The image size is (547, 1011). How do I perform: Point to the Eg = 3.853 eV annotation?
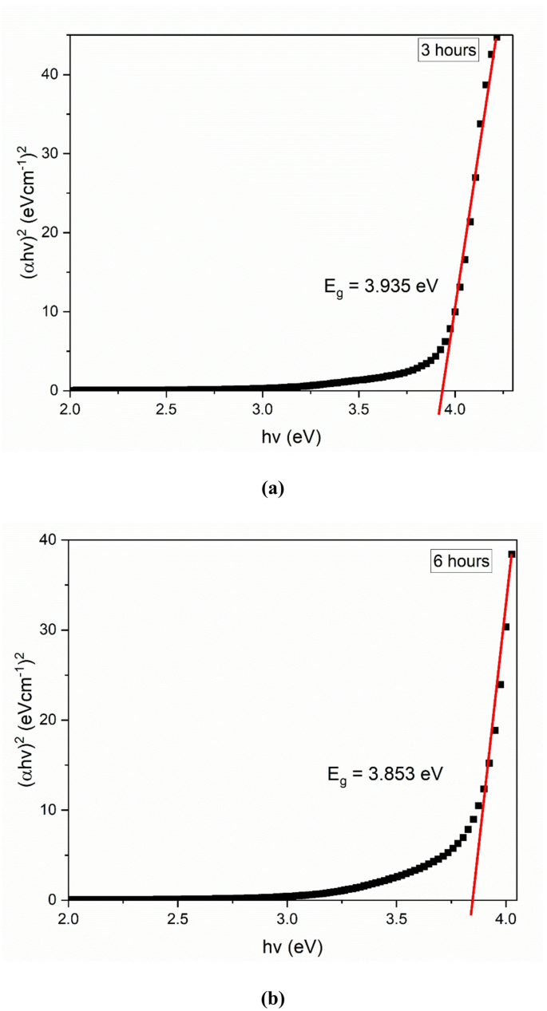pyautogui.click(x=385, y=772)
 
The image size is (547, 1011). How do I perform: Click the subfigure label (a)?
pyautogui.click(x=272, y=488)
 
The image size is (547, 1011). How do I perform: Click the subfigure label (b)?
pyautogui.click(x=272, y=997)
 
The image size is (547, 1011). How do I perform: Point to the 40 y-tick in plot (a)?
pyautogui.click(x=54, y=74)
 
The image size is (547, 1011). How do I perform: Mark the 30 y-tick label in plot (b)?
pyautogui.click(x=54, y=630)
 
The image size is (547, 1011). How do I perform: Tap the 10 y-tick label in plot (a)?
pyautogui.click(x=54, y=311)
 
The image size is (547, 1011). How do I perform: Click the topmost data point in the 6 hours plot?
pyautogui.click(x=512, y=554)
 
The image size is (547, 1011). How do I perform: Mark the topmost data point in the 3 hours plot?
pyautogui.click(x=497, y=37)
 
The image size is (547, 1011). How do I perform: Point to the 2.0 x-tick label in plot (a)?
pyautogui.click(x=70, y=409)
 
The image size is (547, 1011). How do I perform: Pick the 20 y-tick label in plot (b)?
pyautogui.click(x=54, y=720)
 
